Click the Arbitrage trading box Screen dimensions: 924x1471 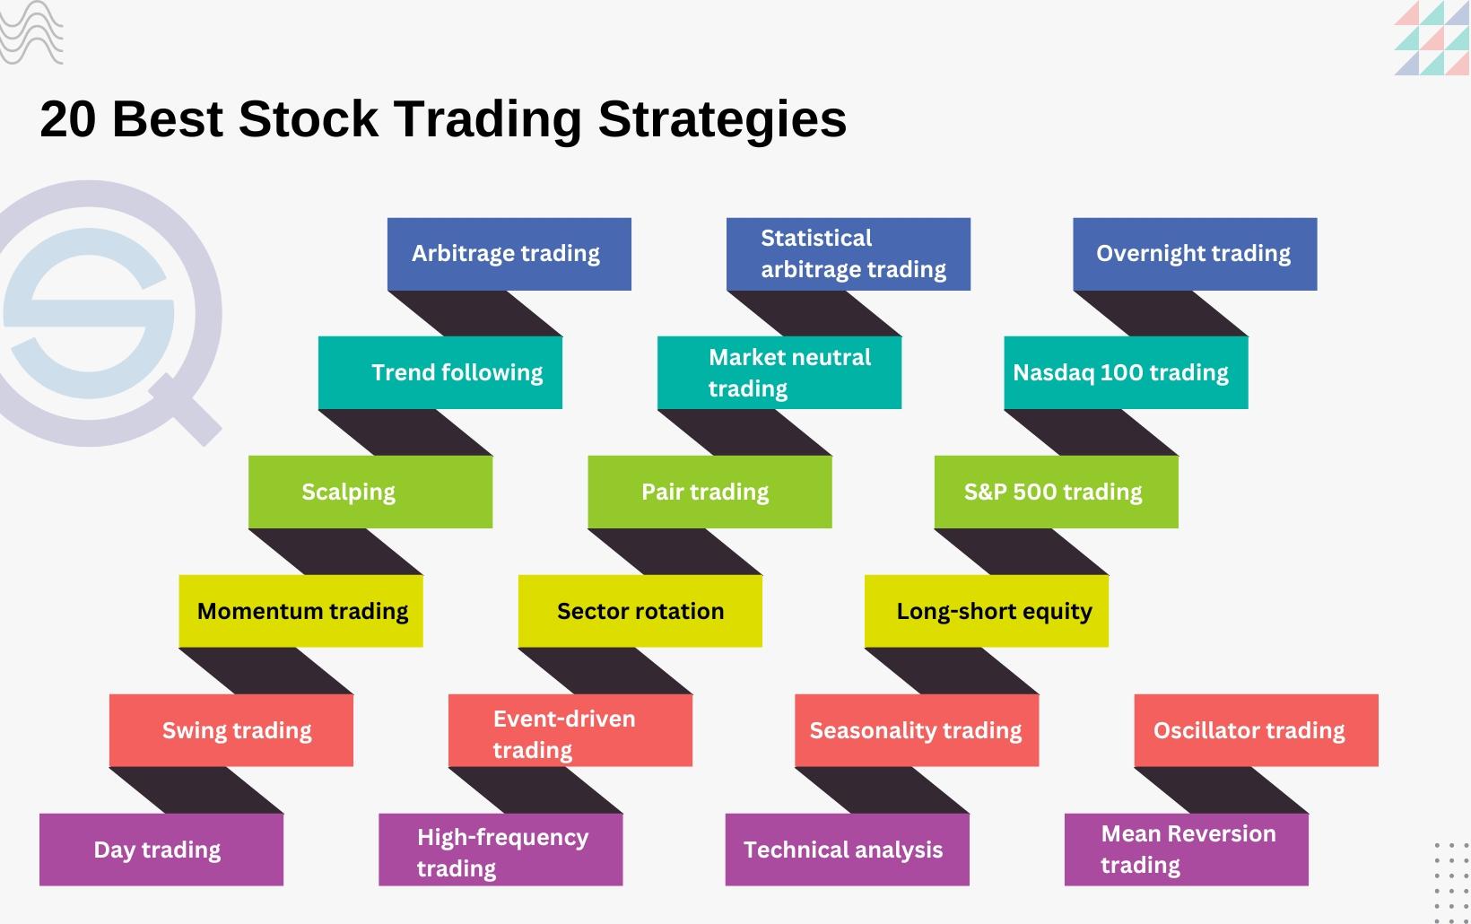(509, 254)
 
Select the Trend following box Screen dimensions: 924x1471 (440, 372)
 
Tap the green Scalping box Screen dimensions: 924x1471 (370, 492)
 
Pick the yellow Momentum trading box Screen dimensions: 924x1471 (300, 611)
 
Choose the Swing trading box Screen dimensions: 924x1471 (231, 730)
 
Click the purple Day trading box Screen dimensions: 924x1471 (161, 850)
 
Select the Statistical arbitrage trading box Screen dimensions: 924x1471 (848, 254)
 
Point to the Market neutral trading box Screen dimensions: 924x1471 (779, 372)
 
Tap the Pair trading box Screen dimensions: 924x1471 (709, 492)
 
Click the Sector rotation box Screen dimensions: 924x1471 (640, 611)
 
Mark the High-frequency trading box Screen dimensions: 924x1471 (500, 850)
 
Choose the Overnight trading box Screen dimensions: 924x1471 (1195, 254)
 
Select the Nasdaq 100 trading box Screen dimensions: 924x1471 (1126, 372)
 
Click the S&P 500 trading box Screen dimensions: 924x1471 (1056, 492)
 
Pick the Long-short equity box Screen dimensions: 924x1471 (987, 611)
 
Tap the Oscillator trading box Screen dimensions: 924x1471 (1256, 730)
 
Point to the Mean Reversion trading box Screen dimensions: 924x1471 (1186, 850)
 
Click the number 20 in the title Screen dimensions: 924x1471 (68, 119)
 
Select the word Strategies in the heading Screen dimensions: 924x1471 (722, 119)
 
